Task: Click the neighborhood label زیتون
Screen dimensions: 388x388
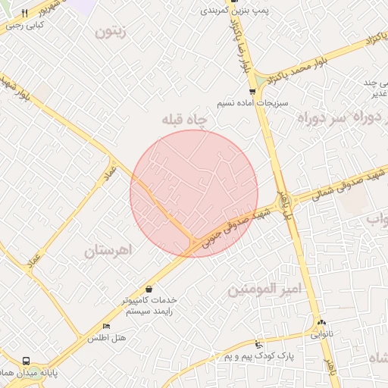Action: coord(111,32)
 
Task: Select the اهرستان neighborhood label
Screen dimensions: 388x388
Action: coord(108,249)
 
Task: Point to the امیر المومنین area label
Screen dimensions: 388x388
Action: coord(265,289)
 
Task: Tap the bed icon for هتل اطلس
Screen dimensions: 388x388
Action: coord(107,326)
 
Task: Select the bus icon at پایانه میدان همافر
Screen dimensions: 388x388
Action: coord(27,361)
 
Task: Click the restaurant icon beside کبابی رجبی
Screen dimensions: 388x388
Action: coord(25,14)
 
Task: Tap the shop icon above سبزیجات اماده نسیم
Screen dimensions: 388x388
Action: coord(252,92)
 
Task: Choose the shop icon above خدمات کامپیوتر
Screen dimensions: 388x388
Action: coord(149,289)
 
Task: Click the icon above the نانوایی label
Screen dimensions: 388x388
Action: coord(321,322)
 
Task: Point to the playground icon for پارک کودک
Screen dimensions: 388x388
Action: coord(259,344)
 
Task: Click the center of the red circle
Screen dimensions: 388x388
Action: coord(194,193)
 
